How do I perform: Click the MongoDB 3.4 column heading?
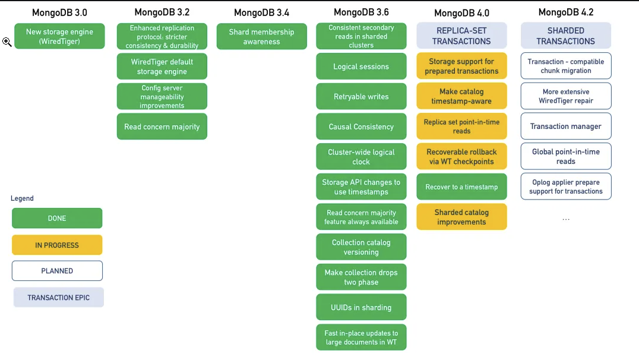click(262, 12)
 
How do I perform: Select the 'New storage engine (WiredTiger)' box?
click(59, 36)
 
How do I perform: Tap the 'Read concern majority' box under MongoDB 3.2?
click(162, 127)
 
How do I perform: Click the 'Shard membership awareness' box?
click(262, 36)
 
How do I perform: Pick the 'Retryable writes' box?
click(361, 97)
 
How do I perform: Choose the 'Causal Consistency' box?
click(361, 127)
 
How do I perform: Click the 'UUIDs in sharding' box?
click(361, 307)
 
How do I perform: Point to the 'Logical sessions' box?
click(361, 67)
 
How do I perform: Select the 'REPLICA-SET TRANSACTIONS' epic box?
click(461, 36)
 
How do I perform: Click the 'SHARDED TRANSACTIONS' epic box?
click(566, 36)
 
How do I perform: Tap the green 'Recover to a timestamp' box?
click(461, 187)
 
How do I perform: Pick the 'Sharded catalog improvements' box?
click(461, 217)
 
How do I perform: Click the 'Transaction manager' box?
click(566, 127)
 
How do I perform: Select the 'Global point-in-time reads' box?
click(566, 157)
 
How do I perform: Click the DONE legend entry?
click(57, 218)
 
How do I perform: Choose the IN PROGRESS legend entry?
click(57, 245)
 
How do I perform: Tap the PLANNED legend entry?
click(57, 271)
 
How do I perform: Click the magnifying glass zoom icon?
click(7, 42)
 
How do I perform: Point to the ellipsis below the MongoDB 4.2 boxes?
click(566, 219)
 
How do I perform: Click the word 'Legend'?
click(22, 198)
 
